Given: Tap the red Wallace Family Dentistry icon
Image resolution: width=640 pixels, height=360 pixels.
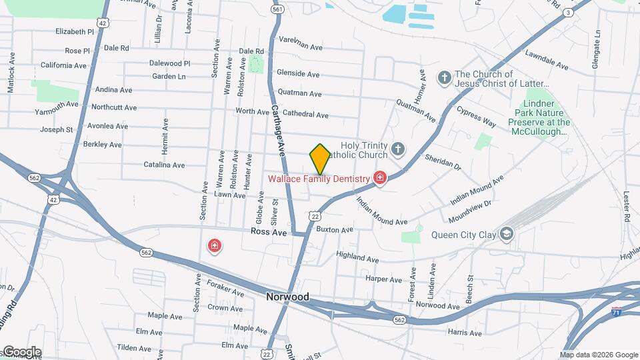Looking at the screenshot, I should [x=379, y=178].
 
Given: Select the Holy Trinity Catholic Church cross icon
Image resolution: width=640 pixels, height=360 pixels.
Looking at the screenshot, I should [x=398, y=149].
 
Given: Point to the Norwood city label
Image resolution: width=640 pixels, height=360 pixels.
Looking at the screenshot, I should [x=287, y=297].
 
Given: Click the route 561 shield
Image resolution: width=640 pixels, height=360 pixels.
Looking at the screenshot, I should [x=278, y=9].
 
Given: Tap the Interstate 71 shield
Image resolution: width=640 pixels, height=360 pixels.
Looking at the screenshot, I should [x=618, y=311].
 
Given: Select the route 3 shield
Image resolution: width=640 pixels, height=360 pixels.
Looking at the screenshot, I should [x=567, y=13].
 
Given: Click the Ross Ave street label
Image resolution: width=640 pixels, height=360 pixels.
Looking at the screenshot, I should [x=269, y=232].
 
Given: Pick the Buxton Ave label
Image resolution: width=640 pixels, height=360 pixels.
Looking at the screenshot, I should [x=335, y=230].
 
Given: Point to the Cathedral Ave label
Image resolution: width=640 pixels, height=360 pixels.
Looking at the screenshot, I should [x=303, y=115].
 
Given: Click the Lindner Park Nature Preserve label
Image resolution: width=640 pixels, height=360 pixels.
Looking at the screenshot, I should [x=539, y=118].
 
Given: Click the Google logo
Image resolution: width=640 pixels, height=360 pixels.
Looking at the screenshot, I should [x=21, y=352].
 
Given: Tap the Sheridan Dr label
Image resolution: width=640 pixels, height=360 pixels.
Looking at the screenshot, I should [x=443, y=160].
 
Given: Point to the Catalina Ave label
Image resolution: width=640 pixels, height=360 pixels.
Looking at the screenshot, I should [x=164, y=165].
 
